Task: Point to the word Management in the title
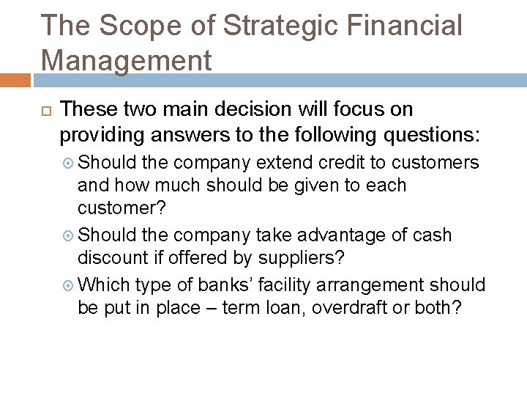[127, 59]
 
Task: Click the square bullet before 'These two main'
[42, 111]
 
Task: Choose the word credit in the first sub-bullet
[350, 162]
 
